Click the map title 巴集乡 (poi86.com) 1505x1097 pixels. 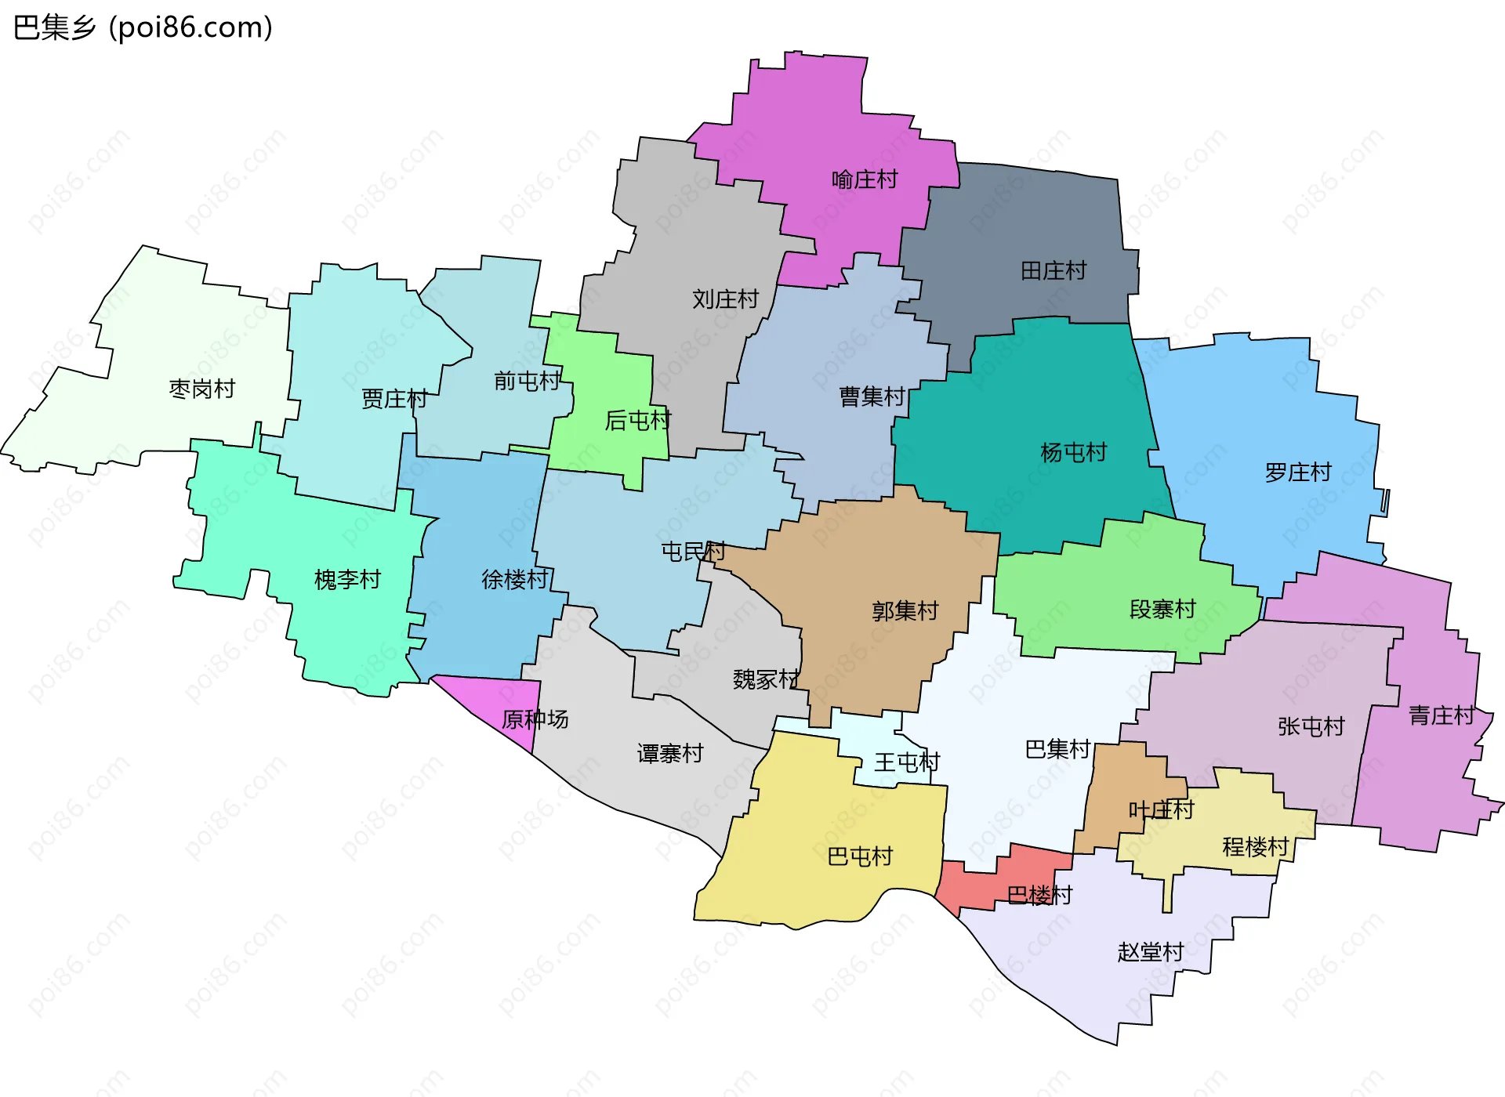point(143,27)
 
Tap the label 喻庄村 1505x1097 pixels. point(864,179)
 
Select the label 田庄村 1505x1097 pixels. point(1053,271)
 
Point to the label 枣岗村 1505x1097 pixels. point(201,389)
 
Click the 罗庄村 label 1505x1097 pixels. point(1297,472)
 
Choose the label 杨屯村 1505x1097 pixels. point(1073,452)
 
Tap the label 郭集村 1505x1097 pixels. point(905,610)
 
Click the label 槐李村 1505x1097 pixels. point(346,580)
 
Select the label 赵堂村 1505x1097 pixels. point(1150,952)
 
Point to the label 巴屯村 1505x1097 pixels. point(860,856)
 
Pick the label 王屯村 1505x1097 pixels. point(906,762)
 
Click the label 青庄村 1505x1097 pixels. point(1441,715)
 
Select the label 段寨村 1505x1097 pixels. point(1162,609)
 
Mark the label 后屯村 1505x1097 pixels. point(637,421)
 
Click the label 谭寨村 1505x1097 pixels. point(669,754)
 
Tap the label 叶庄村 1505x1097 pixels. point(1161,809)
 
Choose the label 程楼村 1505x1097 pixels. point(1255,846)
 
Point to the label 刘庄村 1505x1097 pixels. point(725,299)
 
